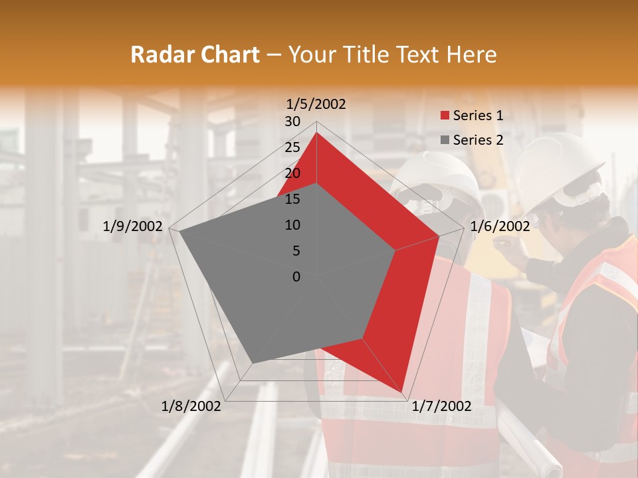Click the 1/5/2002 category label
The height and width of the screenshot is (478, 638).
click(316, 104)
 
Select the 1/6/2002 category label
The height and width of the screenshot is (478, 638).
click(500, 226)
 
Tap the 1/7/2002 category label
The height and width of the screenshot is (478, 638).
click(441, 406)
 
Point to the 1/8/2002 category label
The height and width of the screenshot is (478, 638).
click(191, 406)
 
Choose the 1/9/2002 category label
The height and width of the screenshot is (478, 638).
click(133, 226)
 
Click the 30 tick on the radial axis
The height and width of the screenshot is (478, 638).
click(292, 121)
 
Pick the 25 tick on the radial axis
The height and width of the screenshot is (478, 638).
click(292, 147)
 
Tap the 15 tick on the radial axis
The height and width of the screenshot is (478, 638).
click(292, 199)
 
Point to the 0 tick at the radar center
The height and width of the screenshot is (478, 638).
click(296, 277)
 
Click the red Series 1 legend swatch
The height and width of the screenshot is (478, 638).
click(445, 116)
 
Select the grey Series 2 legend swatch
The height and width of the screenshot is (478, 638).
click(445, 140)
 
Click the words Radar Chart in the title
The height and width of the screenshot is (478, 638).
click(195, 54)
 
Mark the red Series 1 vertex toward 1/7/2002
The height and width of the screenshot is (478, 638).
click(402, 391)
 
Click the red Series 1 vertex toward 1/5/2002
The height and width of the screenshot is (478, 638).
click(316, 133)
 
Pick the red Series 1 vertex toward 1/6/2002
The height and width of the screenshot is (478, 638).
click(439, 236)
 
